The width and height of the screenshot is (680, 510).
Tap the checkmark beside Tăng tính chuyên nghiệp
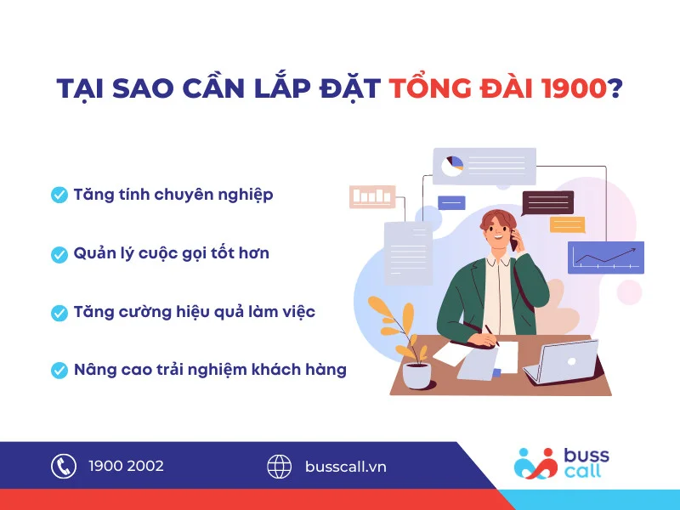pyautogui.click(x=59, y=195)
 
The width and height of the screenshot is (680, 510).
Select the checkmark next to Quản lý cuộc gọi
pyautogui.click(x=59, y=253)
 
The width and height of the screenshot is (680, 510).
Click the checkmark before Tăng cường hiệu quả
pyautogui.click(x=59, y=312)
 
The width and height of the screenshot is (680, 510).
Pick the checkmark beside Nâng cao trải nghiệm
pyautogui.click(x=59, y=371)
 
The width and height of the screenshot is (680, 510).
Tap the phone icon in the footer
pyautogui.click(x=64, y=466)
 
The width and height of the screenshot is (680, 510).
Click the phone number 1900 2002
pyautogui.click(x=126, y=466)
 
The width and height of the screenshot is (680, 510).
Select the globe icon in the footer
pyautogui.click(x=280, y=466)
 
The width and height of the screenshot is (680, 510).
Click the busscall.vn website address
pyautogui.click(x=345, y=466)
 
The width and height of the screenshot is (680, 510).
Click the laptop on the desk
pyautogui.click(x=561, y=361)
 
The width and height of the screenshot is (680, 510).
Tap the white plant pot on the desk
pyautogui.click(x=416, y=375)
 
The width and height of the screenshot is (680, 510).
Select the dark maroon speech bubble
pyautogui.click(x=547, y=202)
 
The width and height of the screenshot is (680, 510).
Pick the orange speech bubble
pyautogui.click(x=567, y=224)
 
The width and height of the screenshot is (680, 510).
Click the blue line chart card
pyautogui.click(x=605, y=257)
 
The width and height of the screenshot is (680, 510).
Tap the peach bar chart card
pyautogui.click(x=372, y=196)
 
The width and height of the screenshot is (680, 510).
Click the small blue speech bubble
pyautogui.click(x=451, y=202)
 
